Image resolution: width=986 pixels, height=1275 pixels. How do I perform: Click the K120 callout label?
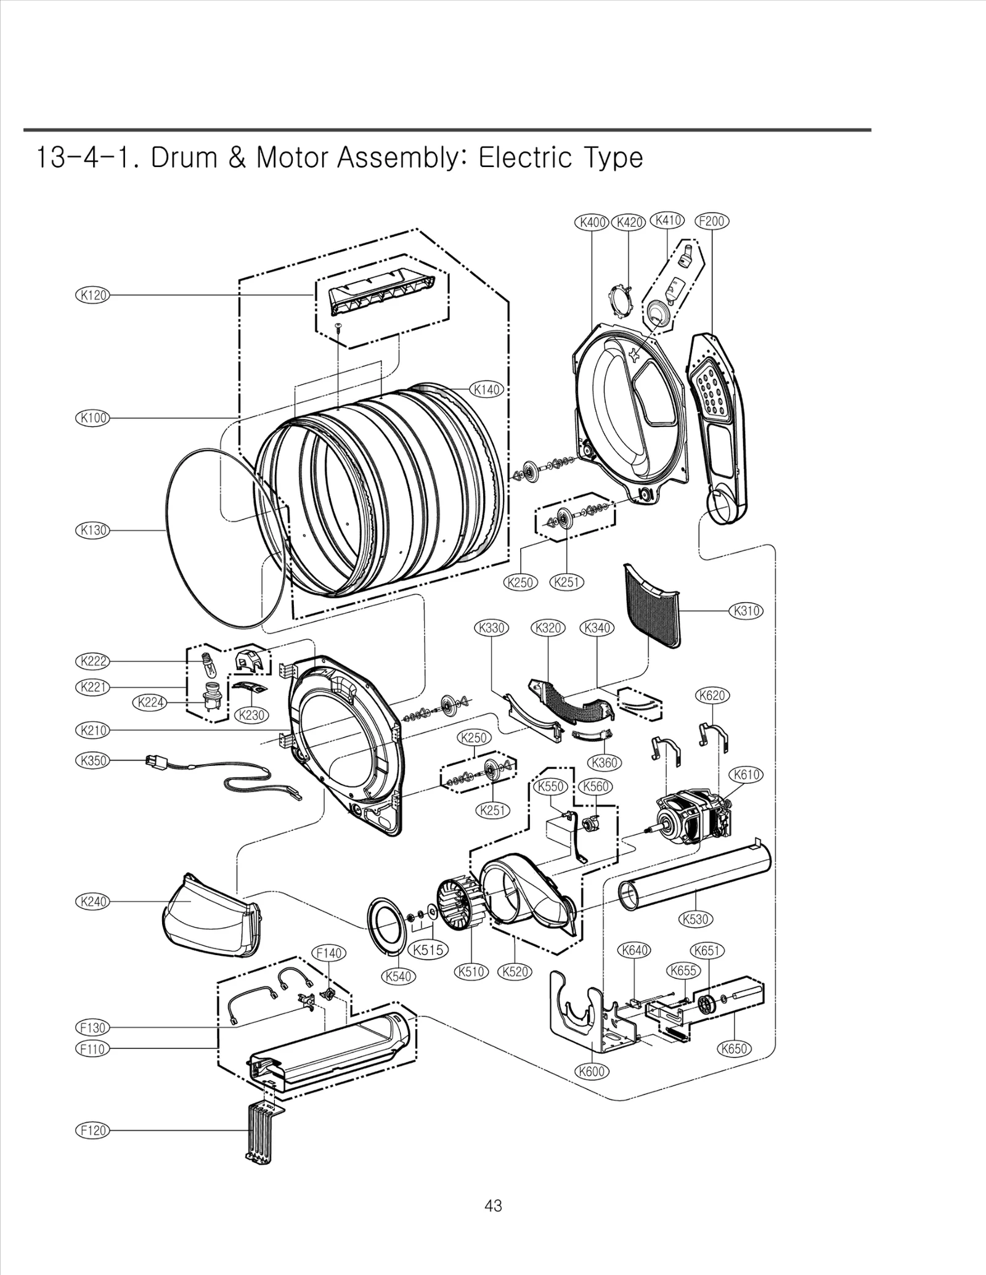coord(92,295)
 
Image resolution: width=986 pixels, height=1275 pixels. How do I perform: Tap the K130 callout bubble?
coord(92,530)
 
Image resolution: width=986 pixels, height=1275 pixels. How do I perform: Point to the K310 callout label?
coord(746,611)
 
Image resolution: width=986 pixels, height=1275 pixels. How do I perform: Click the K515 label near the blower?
coord(429,950)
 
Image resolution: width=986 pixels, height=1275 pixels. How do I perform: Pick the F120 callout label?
coord(92,1130)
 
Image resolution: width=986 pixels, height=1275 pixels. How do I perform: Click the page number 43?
coord(493,1206)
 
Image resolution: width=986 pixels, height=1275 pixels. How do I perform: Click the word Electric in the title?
coord(525,158)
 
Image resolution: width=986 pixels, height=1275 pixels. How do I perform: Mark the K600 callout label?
coord(592,1070)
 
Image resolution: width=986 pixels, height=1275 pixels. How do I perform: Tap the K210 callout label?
coord(92,730)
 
